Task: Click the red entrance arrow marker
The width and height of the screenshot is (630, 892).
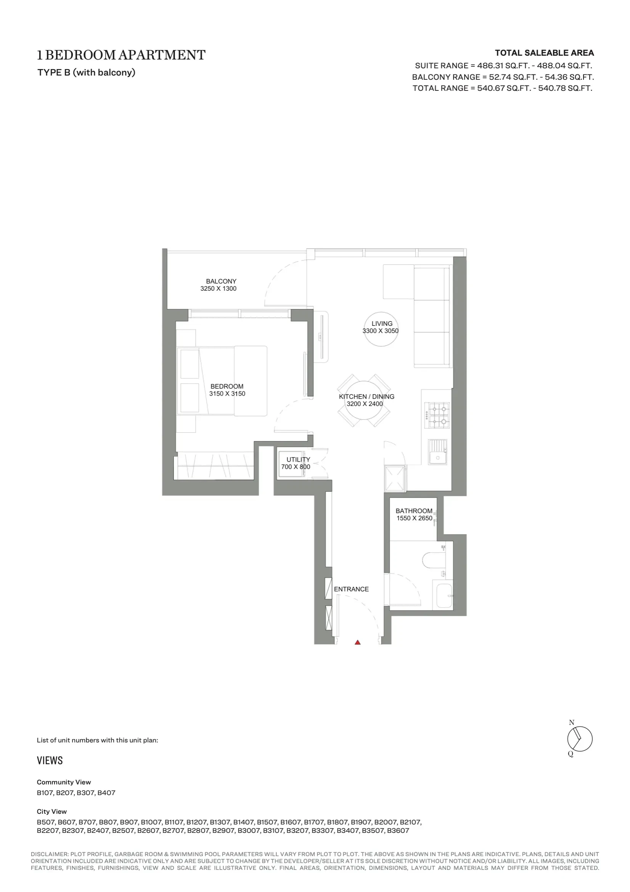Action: pos(357,642)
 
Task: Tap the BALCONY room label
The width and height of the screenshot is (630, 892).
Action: pos(221,281)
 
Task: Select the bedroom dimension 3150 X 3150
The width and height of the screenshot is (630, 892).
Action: pos(227,394)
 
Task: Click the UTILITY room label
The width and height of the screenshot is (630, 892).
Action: pos(298,460)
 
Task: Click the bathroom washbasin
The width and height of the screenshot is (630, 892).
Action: pos(444,596)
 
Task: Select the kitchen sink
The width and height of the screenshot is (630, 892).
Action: pos(438,451)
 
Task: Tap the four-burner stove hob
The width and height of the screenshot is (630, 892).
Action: pos(437,415)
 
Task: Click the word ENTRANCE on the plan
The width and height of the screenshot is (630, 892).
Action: pos(351,589)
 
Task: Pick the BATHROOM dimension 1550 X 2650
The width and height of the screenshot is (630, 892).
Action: pos(414,518)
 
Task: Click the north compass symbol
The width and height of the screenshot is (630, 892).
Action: pos(579,739)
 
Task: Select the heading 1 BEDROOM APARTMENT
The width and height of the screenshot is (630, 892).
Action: pos(121,55)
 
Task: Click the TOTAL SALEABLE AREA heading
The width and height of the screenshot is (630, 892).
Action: pos(544,53)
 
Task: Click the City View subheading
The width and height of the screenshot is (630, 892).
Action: pos(51,811)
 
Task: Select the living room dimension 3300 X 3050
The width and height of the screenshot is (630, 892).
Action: pos(380,331)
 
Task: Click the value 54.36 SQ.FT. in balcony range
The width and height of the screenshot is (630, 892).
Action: pos(569,77)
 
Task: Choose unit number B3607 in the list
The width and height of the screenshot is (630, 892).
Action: pos(398,831)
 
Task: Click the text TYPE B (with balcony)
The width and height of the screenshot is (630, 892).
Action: pos(86,72)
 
